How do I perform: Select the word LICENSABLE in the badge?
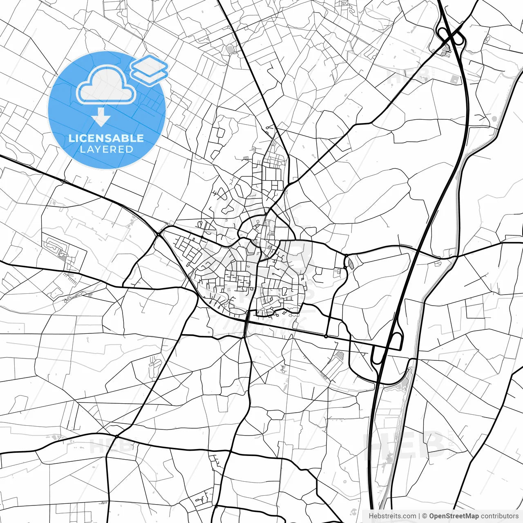[106, 138]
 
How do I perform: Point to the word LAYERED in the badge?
[106, 149]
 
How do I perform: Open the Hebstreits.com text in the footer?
[393, 516]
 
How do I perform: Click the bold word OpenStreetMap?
[454, 516]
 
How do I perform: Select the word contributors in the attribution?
[499, 516]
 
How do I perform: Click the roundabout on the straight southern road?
[326, 336]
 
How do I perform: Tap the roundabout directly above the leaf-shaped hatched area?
[346, 256]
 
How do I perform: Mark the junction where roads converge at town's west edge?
[158, 235]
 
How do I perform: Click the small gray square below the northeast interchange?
[454, 80]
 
